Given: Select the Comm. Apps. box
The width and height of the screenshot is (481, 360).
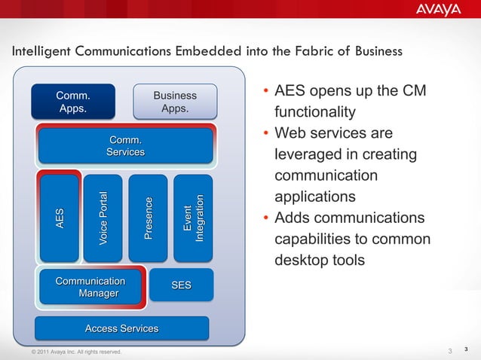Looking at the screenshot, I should click(x=72, y=102).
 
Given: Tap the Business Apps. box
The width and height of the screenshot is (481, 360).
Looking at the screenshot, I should click(x=174, y=102).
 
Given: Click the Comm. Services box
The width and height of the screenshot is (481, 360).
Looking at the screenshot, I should click(x=125, y=145).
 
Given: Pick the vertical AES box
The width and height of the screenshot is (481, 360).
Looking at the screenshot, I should click(x=60, y=218).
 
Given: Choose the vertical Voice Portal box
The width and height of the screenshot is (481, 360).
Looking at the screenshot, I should click(x=103, y=218).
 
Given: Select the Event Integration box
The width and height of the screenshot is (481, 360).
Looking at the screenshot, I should click(x=194, y=218).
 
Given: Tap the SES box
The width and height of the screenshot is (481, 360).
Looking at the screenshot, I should click(x=181, y=285).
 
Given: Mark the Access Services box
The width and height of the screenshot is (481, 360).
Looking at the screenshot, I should click(x=121, y=328).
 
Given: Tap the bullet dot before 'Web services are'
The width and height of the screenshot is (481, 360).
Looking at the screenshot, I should click(x=266, y=136).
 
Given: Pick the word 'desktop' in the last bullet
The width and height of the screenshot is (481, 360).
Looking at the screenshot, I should click(x=302, y=261).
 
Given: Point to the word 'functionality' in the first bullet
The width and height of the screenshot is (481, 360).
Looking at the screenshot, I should click(x=314, y=112).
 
